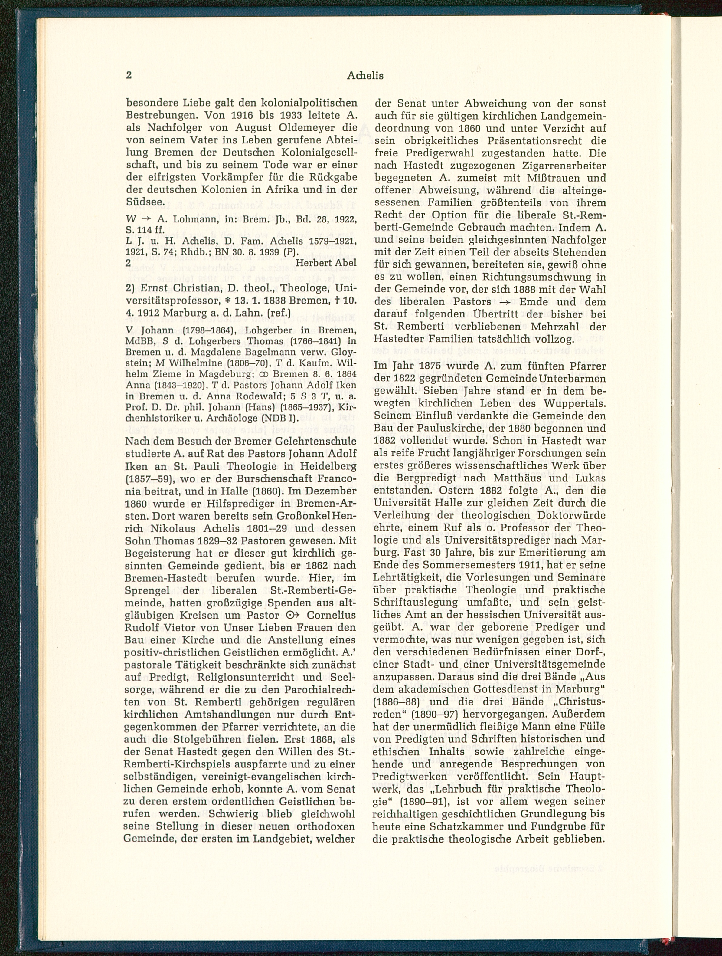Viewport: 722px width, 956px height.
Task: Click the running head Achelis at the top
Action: coord(365,76)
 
